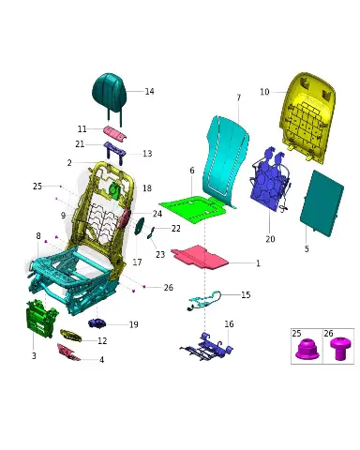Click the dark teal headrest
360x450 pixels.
[109, 93]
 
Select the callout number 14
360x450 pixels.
[149, 91]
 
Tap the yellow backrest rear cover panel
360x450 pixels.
[307, 117]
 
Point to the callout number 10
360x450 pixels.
[264, 92]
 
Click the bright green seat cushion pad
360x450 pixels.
[192, 209]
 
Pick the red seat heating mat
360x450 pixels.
[200, 257]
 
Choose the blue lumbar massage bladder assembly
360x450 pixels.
[270, 180]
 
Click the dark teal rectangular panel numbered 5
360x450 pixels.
[322, 203]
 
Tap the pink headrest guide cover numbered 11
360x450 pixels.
[115, 133]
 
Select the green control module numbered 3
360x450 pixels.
[41, 318]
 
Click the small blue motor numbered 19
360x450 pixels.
[97, 323]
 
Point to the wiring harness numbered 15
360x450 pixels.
[204, 301]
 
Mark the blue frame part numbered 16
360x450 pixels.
[207, 348]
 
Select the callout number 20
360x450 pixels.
[270, 239]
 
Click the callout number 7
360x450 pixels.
[239, 97]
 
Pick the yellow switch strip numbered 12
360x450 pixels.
[70, 336]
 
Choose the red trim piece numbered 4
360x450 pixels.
[68, 352]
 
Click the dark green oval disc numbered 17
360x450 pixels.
[139, 226]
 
